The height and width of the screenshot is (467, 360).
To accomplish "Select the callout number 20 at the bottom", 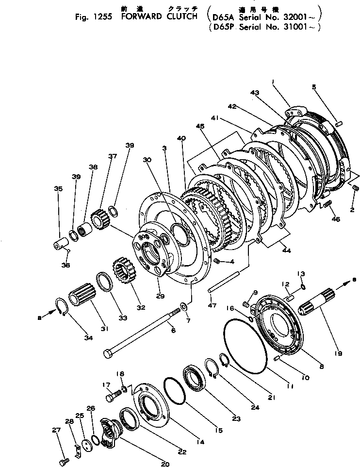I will [165, 463].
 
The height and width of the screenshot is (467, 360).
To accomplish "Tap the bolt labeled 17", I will [112, 398].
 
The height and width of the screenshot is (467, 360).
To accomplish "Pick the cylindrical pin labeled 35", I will [60, 241].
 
